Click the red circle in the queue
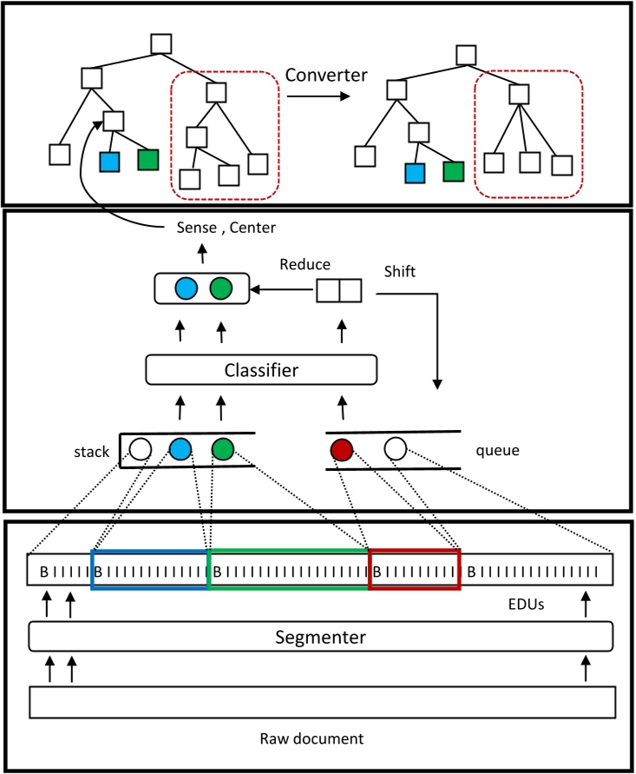[343, 449]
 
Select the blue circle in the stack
[180, 449]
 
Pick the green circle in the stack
[223, 449]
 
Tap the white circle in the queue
[395, 449]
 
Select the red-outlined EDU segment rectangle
[414, 569]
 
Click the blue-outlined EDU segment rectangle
[150, 569]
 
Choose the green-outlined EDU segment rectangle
[288, 569]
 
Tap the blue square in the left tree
[109, 161]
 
